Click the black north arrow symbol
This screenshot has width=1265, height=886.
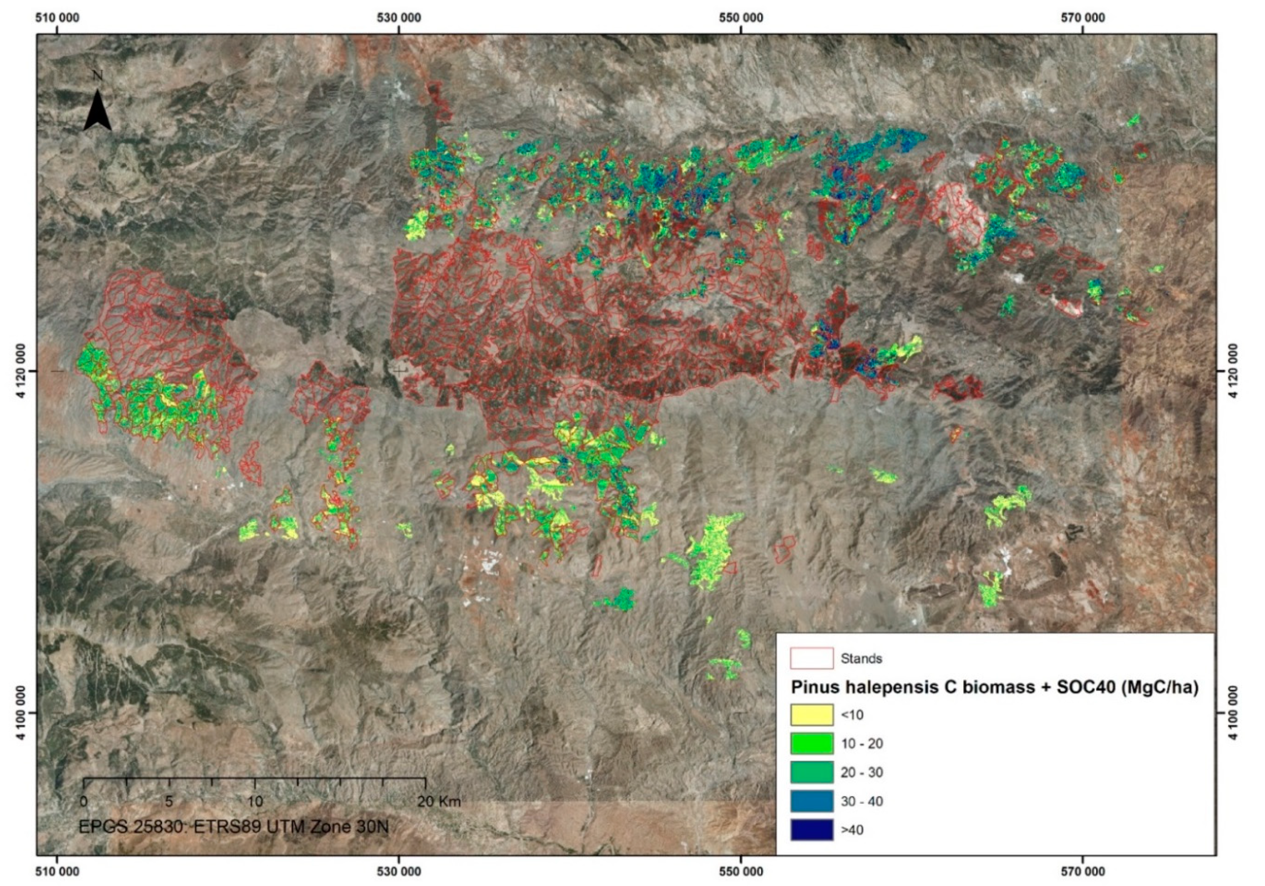pos(98,112)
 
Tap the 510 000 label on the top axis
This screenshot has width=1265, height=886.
pos(57,18)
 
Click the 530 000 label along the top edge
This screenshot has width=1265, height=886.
pos(399,18)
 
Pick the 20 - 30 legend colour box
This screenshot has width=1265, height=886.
pos(812,772)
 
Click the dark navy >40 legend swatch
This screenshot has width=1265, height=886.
pos(812,830)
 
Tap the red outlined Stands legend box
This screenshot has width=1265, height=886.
pos(812,659)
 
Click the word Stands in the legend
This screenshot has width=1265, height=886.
pos(861,659)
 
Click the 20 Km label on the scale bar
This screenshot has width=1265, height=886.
pos(438,801)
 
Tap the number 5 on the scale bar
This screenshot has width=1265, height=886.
pos(169,801)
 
